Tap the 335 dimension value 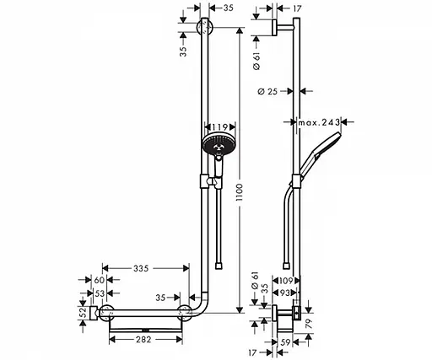pos(141,268)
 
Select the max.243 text pos(319,123)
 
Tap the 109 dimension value pos(287,280)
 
